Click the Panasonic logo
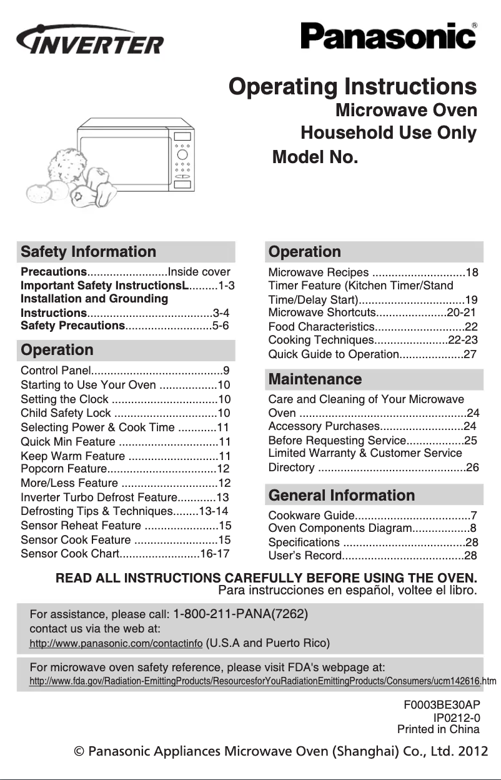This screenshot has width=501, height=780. point(388,36)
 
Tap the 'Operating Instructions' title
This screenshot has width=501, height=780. point(353,86)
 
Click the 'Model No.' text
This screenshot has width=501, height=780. point(315,157)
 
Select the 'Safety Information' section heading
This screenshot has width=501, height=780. point(89,252)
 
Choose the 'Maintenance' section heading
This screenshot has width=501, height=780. point(315,379)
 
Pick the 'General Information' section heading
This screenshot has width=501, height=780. point(341,496)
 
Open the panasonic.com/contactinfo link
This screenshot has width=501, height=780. point(116,643)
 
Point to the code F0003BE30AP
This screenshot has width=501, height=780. point(442,704)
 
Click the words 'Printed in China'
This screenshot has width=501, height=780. point(439,729)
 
